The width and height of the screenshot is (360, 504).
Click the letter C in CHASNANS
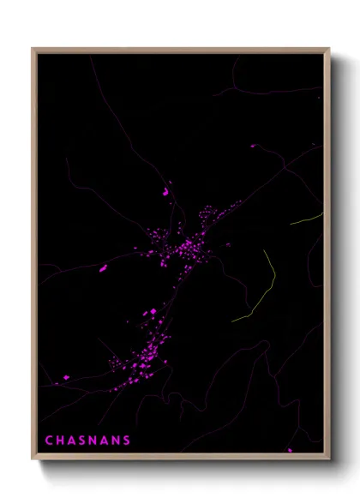pos(49,441)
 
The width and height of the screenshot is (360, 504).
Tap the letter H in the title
pos(61,441)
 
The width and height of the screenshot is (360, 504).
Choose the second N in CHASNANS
pos(117,441)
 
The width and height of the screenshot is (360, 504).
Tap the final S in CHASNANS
pos(127,441)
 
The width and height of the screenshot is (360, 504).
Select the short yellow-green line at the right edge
pos(306,219)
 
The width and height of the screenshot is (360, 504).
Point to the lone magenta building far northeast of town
pos(253,146)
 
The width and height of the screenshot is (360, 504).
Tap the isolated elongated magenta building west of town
pos(103,268)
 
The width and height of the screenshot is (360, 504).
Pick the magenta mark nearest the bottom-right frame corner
pos(290,448)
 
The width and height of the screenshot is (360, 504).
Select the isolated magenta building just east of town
pos(228,246)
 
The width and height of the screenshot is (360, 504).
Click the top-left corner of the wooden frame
pos(33,49)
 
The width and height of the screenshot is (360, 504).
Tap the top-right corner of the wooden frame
pos(329,49)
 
